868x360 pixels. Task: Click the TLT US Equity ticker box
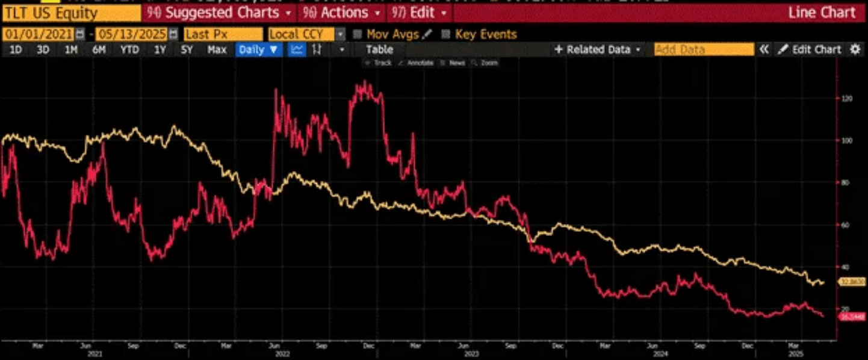(x=71, y=13)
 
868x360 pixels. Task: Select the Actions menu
(x=341, y=13)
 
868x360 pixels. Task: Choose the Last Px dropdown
(x=223, y=34)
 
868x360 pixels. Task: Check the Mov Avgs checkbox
(x=358, y=34)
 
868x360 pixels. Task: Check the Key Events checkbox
(x=446, y=34)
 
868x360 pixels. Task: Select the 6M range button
(x=99, y=50)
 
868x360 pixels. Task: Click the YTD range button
(x=129, y=50)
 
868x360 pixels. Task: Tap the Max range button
(x=217, y=50)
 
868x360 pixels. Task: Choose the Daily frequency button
(x=258, y=50)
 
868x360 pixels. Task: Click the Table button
(x=379, y=50)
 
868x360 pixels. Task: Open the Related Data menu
(x=598, y=50)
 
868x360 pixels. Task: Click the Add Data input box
(x=703, y=50)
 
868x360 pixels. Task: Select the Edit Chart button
(x=810, y=50)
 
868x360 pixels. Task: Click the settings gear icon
(x=855, y=50)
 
